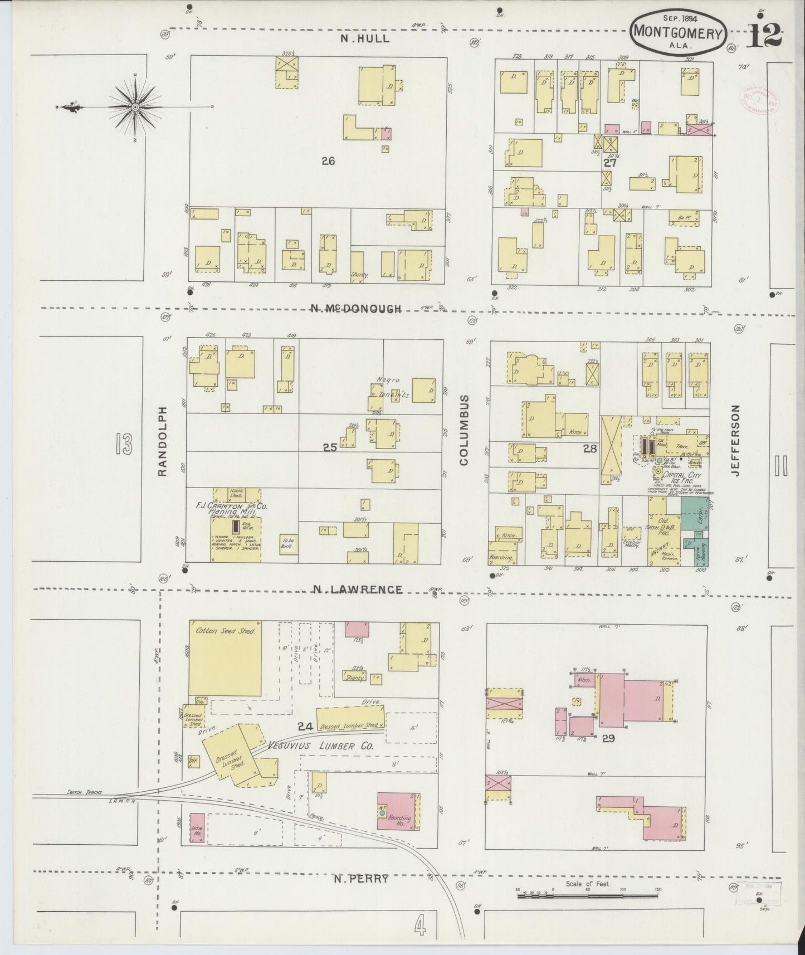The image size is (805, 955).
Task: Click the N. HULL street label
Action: point(365,39)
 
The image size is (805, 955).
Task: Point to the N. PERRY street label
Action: point(360,879)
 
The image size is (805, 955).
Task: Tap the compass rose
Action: point(135,106)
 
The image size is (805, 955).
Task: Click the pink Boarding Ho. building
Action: point(399,811)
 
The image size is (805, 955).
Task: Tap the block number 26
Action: point(328,162)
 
